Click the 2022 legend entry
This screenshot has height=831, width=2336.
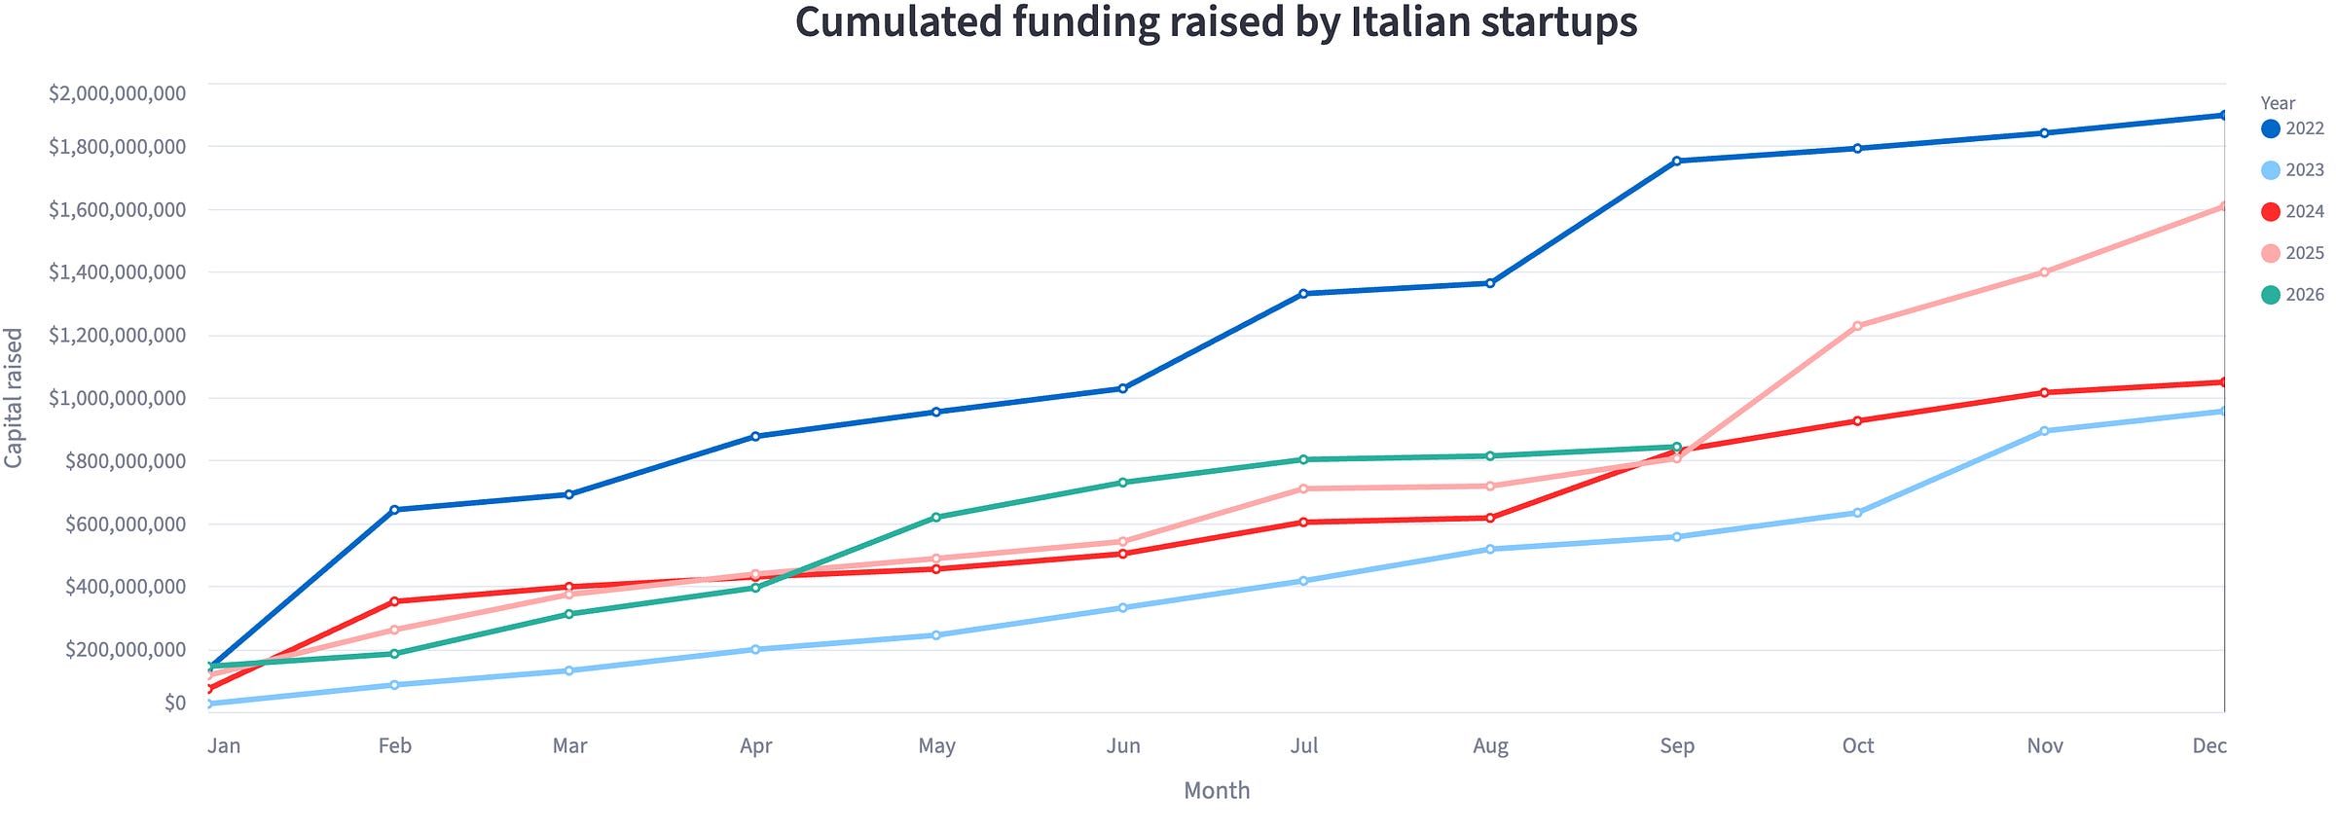[x=2292, y=128]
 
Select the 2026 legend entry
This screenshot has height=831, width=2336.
[x=2292, y=295]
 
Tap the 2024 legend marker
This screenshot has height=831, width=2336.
[x=2271, y=212]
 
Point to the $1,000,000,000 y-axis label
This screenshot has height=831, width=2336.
[x=118, y=398]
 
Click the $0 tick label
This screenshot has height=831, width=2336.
[x=175, y=703]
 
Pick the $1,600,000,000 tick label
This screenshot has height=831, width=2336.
[x=118, y=210]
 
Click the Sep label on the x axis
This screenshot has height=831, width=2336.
[x=1677, y=746]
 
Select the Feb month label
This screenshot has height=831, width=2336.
[x=395, y=746]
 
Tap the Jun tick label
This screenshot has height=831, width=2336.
[x=1123, y=746]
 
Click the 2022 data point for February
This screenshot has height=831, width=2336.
[x=394, y=510]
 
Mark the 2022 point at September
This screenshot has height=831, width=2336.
[x=1676, y=162]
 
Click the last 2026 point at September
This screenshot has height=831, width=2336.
[x=1676, y=448]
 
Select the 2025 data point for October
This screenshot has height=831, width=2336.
[x=1857, y=326]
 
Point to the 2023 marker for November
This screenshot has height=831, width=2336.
[x=2044, y=431]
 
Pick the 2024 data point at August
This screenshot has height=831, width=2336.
[x=1490, y=519]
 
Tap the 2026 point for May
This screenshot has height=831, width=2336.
[x=936, y=518]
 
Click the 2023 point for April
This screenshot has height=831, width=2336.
[x=755, y=649]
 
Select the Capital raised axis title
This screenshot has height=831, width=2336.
[x=14, y=398]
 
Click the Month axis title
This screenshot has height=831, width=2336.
[x=1217, y=791]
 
